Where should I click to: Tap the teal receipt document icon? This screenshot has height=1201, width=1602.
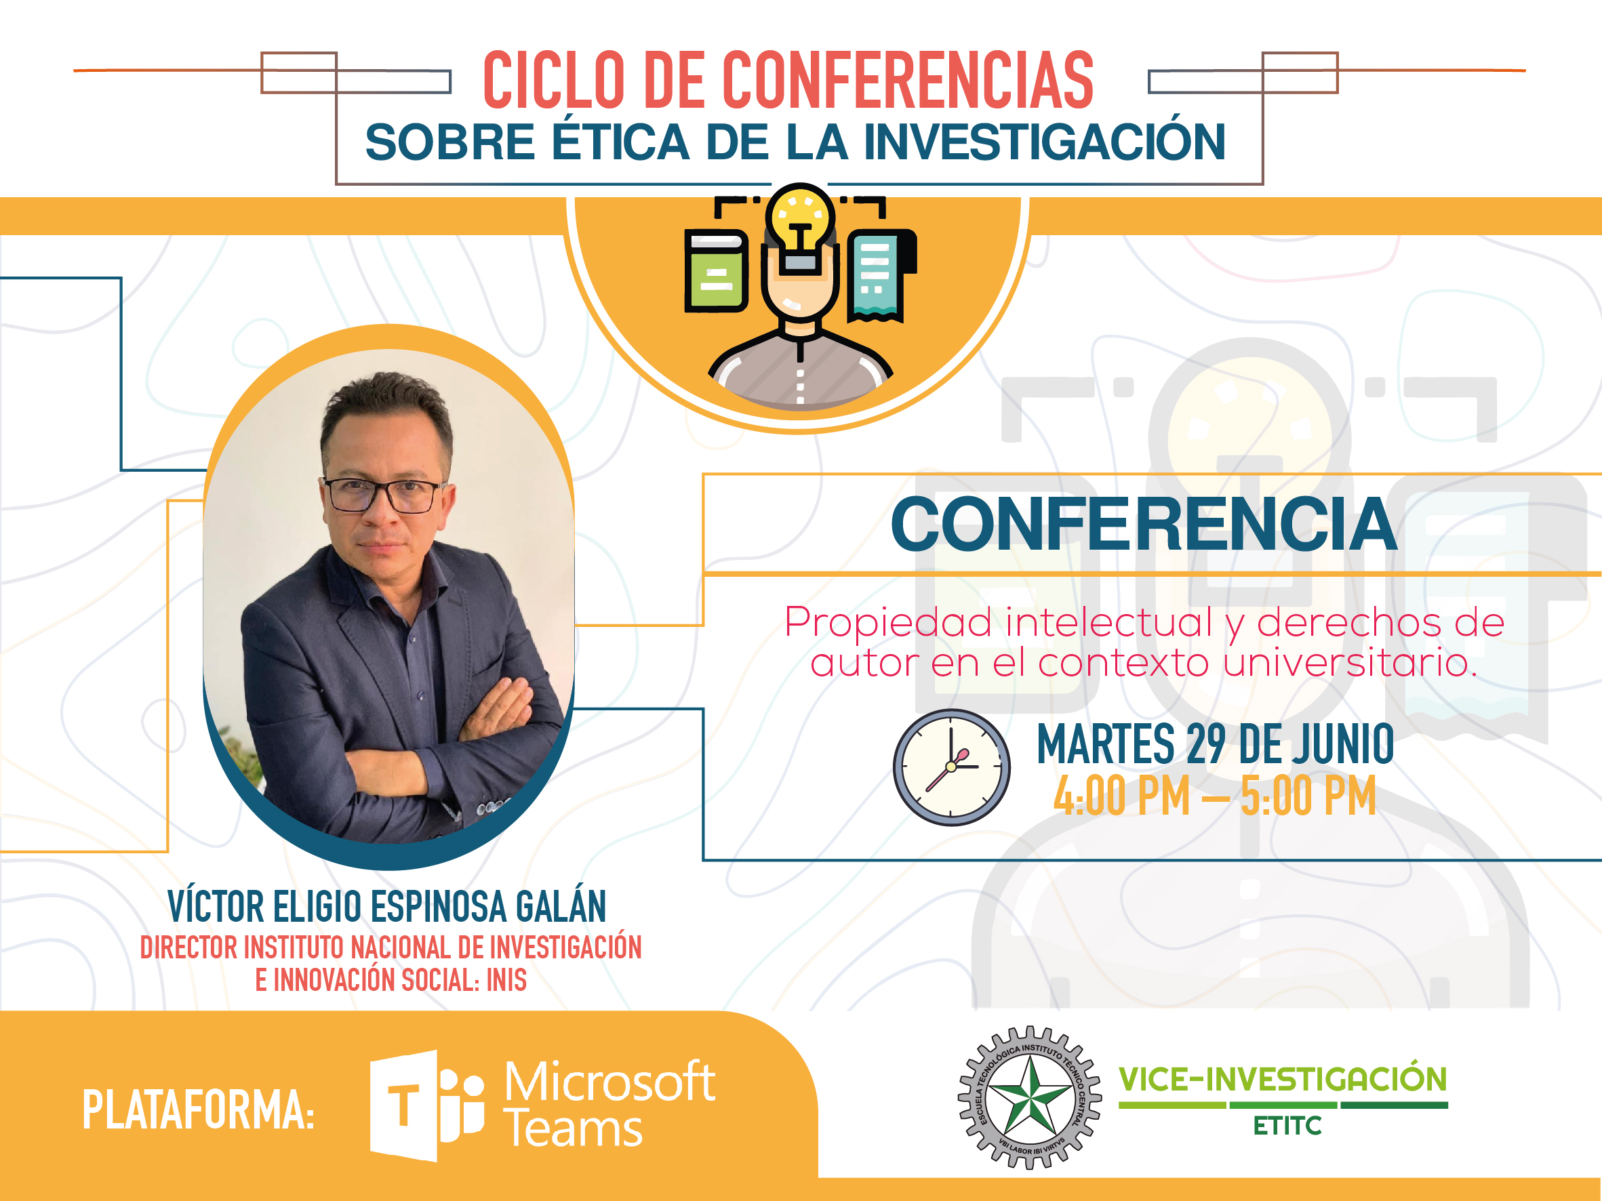(x=881, y=275)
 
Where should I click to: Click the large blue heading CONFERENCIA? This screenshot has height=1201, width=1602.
(x=1144, y=524)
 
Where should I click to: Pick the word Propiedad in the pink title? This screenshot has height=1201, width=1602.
(x=888, y=623)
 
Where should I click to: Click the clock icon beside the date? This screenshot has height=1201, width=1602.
(x=952, y=767)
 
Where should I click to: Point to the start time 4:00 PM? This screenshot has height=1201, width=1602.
(x=1122, y=796)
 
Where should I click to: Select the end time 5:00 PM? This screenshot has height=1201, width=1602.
(x=1308, y=796)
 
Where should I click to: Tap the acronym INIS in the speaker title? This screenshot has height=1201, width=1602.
(x=506, y=980)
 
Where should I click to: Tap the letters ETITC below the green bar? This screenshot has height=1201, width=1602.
(x=1287, y=1126)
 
